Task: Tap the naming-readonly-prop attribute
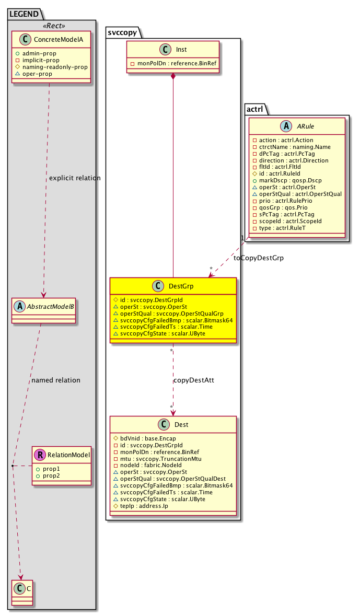click(51, 66)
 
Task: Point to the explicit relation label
click(74, 178)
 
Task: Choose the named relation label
click(56, 380)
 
